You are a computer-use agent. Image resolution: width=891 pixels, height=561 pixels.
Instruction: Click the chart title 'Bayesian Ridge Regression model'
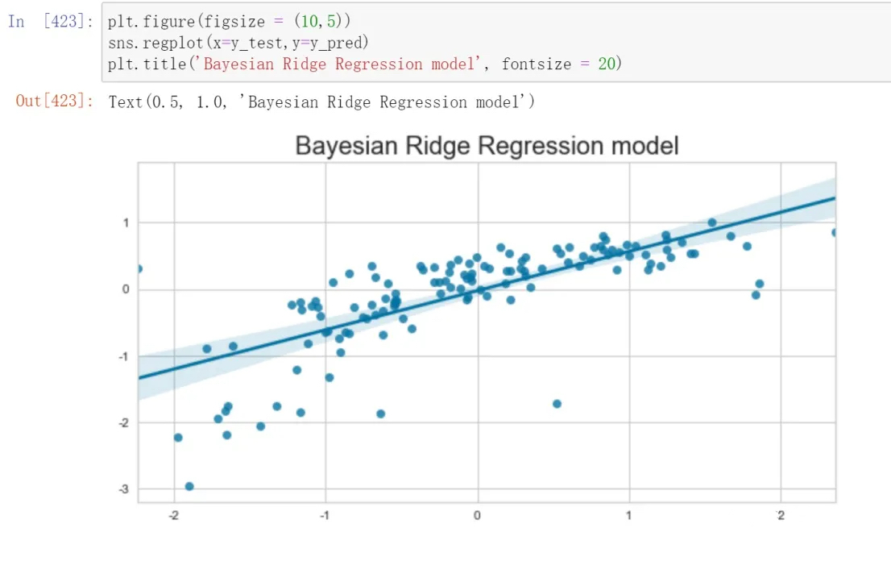click(487, 146)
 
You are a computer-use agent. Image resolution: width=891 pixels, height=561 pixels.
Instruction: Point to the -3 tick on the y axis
click(124, 488)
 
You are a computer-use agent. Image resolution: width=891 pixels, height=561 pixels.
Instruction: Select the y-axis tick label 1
click(126, 222)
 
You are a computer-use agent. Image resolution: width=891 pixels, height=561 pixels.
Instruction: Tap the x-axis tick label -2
click(173, 515)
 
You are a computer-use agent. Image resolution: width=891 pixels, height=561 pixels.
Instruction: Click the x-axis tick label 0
click(477, 515)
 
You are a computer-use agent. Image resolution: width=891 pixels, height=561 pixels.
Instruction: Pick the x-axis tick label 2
click(781, 515)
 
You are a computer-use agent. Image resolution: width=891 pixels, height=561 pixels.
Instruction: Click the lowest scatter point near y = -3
click(189, 486)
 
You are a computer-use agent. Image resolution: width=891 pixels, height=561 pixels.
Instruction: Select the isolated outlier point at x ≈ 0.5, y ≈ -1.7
click(557, 404)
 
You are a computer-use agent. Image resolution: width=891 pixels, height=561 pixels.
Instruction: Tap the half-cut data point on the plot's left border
click(140, 269)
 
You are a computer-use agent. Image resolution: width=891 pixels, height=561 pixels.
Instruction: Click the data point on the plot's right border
click(834, 232)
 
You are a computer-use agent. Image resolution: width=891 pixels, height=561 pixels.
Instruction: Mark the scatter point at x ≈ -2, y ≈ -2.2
click(178, 437)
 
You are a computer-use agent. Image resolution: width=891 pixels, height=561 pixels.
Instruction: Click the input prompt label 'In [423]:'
click(50, 22)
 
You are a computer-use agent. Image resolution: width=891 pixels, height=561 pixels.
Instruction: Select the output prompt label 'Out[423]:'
click(54, 102)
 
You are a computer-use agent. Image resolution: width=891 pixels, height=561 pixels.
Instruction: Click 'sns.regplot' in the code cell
click(155, 43)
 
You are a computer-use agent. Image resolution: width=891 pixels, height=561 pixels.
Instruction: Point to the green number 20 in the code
click(607, 64)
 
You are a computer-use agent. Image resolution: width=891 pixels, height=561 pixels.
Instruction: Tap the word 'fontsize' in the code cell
click(536, 64)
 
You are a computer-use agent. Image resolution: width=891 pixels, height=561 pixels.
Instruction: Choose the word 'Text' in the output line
click(125, 102)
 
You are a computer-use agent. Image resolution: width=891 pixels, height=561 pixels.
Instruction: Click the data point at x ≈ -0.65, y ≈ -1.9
click(381, 413)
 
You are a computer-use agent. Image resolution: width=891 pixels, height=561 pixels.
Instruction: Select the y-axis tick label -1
click(124, 356)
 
